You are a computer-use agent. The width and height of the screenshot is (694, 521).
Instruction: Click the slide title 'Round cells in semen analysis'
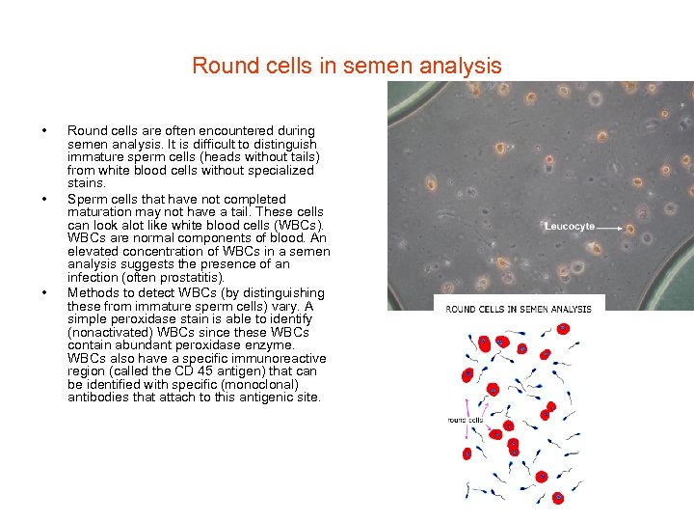point(346,66)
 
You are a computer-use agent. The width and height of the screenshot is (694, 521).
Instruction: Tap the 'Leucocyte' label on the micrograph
point(570,226)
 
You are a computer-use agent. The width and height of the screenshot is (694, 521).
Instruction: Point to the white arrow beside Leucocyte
point(611,226)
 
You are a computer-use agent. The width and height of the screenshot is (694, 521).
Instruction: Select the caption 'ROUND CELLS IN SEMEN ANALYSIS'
point(519,308)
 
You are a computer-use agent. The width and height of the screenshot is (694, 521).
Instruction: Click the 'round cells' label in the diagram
point(466,420)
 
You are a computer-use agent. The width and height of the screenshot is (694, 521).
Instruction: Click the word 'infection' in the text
point(93,278)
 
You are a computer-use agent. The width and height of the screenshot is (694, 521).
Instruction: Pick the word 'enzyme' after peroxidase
point(271,345)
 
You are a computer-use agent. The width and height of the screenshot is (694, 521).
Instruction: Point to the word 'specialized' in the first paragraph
point(280,170)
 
